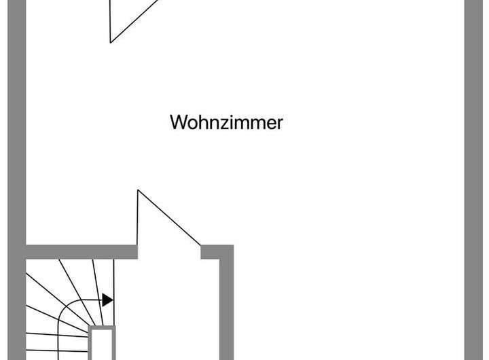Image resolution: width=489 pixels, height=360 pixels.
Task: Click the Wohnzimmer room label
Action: (226, 123)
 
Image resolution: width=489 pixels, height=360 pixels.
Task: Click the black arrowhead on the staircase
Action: (107, 300)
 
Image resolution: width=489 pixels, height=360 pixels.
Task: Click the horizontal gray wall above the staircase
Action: (81, 252)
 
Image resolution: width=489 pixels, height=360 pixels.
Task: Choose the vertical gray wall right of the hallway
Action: (226, 306)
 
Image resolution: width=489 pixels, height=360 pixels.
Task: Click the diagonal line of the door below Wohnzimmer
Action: (170, 217)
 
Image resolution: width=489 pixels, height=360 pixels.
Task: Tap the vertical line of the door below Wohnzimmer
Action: (139, 221)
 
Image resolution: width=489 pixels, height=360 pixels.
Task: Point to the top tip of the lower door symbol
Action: (139, 190)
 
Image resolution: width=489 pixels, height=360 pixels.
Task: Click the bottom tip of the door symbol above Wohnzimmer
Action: (111, 42)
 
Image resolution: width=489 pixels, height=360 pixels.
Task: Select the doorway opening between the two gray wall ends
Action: (169, 252)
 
